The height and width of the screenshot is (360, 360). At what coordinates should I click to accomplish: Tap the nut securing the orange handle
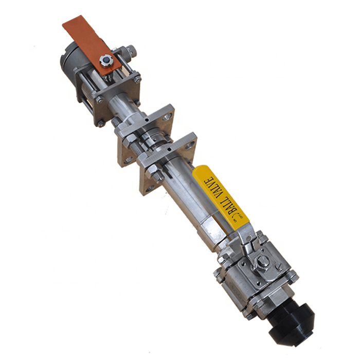pyautogui.click(x=105, y=61)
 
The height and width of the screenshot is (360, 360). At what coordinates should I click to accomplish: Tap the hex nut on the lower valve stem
pyautogui.click(x=262, y=262)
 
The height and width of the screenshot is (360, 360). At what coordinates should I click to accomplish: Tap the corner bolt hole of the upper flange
pyautogui.click(x=168, y=116)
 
